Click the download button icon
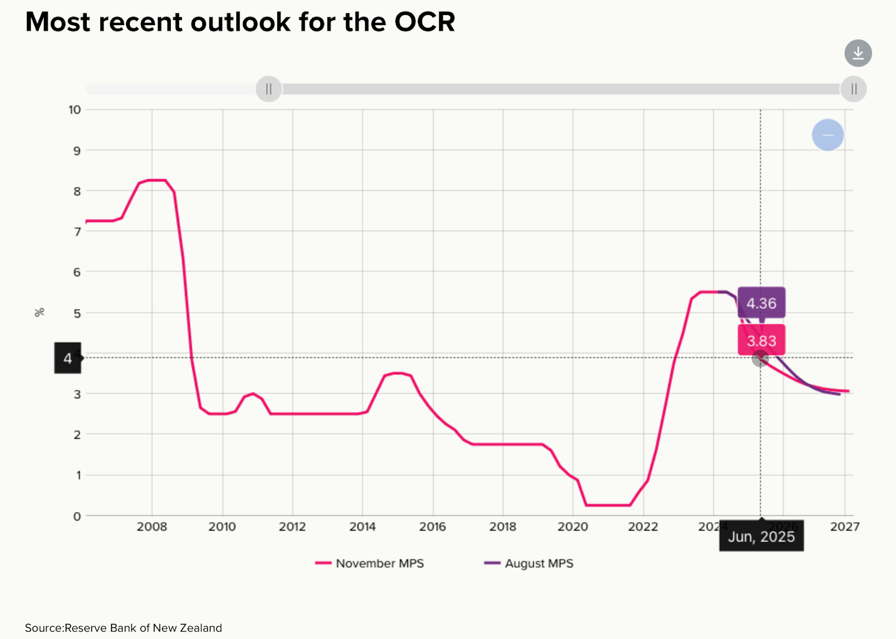(858, 53)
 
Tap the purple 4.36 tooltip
(761, 303)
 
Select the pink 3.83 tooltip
(761, 340)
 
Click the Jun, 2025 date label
(761, 536)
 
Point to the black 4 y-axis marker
(68, 358)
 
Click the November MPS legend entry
(370, 563)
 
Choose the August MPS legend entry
(529, 563)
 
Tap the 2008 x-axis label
(152, 527)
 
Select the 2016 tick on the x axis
(432, 527)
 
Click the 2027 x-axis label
(845, 527)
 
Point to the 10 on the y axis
(75, 110)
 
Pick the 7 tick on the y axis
(77, 231)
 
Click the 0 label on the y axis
(77, 516)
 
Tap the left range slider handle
(269, 89)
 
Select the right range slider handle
(853, 89)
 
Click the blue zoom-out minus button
(828, 135)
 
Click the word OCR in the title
(424, 22)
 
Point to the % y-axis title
(40, 313)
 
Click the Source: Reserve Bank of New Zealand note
(123, 628)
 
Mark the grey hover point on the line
(759, 359)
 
